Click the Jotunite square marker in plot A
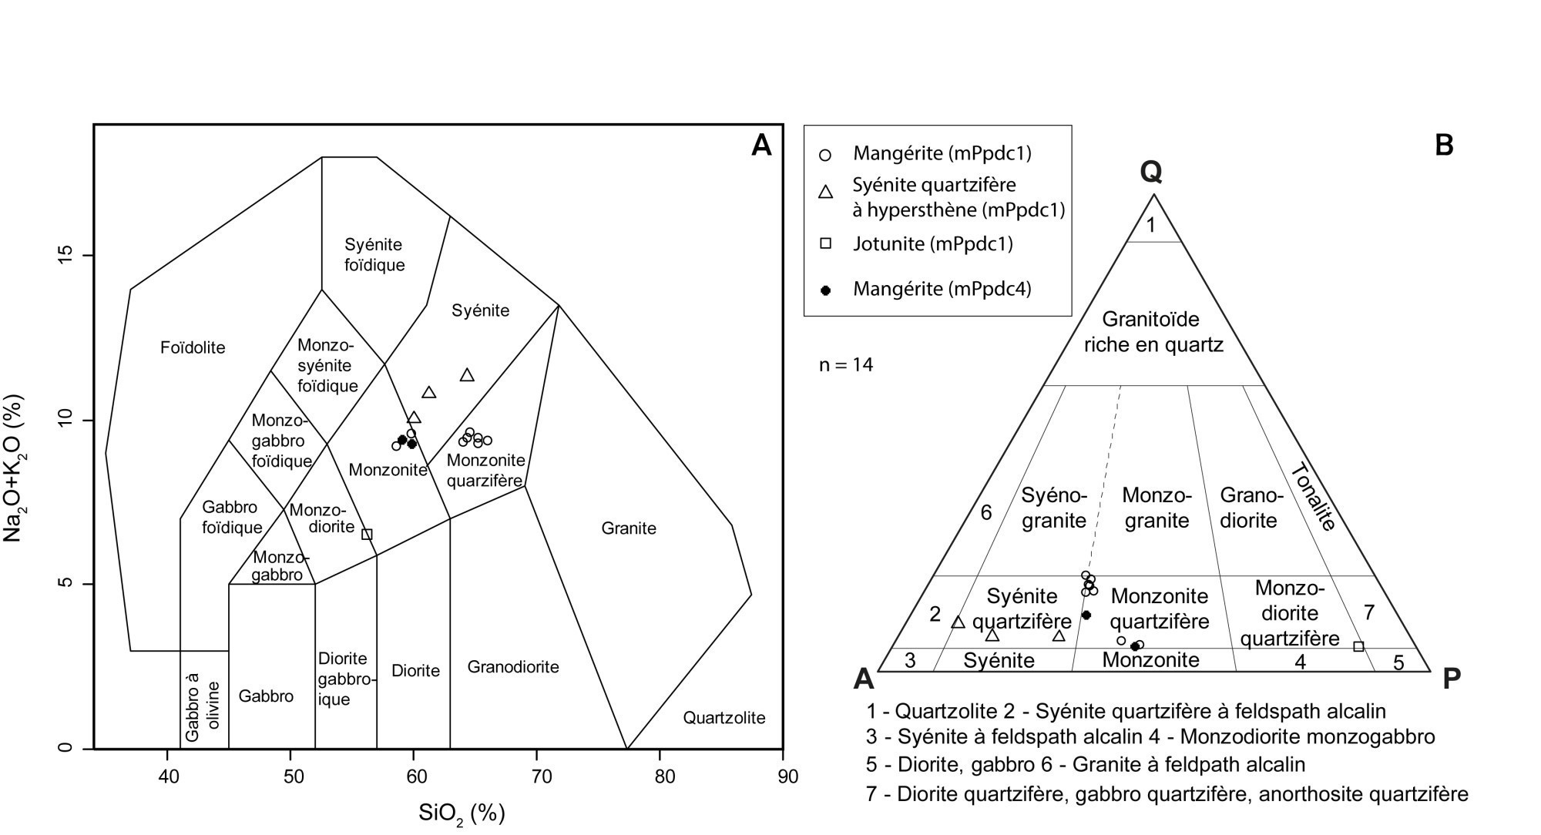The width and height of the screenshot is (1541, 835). pos(367,535)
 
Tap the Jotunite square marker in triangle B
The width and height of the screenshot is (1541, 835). pos(1358,646)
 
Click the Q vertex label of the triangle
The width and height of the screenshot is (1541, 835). pos(1151,172)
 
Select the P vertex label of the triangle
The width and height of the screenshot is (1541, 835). pos(1451,679)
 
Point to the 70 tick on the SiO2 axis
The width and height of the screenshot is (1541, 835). pos(542,776)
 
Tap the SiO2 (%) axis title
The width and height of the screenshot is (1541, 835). pos(462,813)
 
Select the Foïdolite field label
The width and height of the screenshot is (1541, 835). pos(193,347)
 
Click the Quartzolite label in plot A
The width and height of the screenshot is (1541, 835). pos(724,718)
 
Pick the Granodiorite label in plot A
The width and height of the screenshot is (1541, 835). pos(513,666)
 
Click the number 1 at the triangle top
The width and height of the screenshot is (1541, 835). pos(1151,225)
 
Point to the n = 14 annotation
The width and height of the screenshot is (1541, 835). pos(846,364)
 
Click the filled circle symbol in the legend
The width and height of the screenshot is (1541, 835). pos(825,290)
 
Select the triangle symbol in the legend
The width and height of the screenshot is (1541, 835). pos(825,193)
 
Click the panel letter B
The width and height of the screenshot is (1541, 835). pos(1444,145)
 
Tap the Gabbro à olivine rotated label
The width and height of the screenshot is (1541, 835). pos(203,706)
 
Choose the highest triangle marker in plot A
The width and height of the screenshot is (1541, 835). pos(467,375)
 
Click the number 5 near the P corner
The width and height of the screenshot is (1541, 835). pos(1398,662)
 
